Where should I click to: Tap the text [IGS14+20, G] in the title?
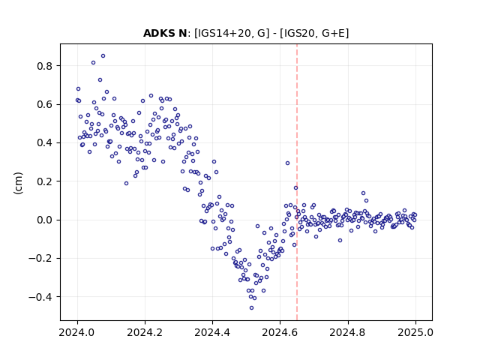click(x=232, y=33)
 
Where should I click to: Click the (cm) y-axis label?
click(x=18, y=183)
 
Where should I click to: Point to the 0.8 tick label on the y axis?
click(x=44, y=66)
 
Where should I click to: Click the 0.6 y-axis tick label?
click(x=44, y=105)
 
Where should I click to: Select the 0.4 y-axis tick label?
click(x=44, y=143)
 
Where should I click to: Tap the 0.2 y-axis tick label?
click(x=44, y=181)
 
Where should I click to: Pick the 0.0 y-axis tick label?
click(x=44, y=220)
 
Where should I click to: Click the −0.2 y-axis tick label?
click(x=40, y=259)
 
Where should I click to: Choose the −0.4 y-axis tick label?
click(x=40, y=297)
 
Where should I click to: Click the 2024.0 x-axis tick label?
click(x=77, y=332)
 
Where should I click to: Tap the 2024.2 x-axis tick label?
click(x=145, y=332)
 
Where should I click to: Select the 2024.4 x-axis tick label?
click(x=212, y=332)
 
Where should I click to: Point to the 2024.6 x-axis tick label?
click(x=280, y=332)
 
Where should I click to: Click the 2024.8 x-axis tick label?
click(x=348, y=332)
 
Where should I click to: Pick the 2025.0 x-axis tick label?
click(x=415, y=332)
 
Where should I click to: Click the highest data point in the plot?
click(x=103, y=56)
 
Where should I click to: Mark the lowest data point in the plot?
click(x=252, y=308)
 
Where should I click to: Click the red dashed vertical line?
click(x=297, y=182)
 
